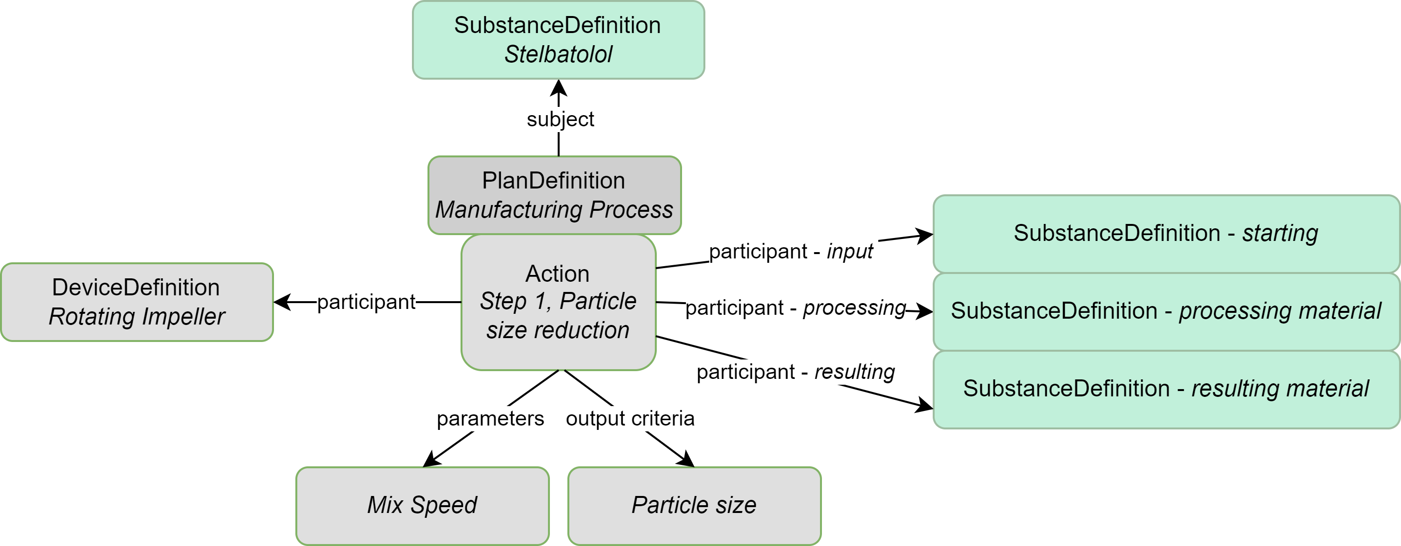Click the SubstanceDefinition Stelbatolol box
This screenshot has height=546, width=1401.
click(x=558, y=40)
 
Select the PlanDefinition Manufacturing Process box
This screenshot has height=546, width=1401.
click(x=554, y=195)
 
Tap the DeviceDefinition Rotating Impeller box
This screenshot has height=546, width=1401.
click(x=137, y=302)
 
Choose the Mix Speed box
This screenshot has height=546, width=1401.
click(x=422, y=505)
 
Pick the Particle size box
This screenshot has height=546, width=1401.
click(x=694, y=505)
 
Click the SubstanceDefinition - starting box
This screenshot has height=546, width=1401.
click(x=1165, y=233)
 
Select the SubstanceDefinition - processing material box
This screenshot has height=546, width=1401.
click(x=1165, y=311)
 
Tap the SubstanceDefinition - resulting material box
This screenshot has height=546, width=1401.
click(x=1165, y=389)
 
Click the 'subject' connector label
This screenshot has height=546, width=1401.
click(x=560, y=119)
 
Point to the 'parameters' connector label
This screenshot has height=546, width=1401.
click(x=490, y=418)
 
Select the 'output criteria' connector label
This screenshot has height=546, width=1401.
click(x=630, y=418)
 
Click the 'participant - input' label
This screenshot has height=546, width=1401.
click(x=791, y=251)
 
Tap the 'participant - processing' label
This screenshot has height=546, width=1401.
click(x=795, y=308)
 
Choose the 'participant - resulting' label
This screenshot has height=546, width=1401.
click(x=795, y=372)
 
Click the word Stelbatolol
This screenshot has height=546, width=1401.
click(x=558, y=54)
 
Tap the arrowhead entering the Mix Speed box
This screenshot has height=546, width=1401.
click(x=431, y=460)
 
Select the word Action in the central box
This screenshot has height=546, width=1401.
click(x=557, y=273)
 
